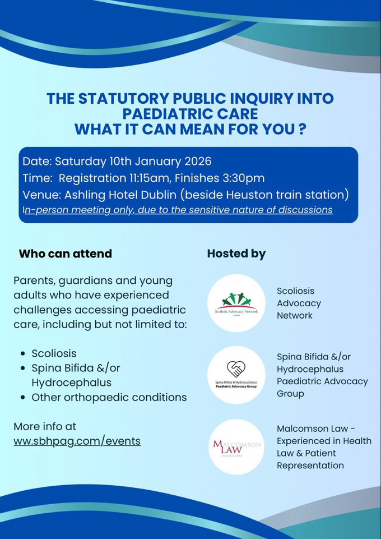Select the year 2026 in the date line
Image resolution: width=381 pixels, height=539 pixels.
[196, 162]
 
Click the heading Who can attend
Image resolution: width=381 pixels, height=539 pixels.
[66, 254]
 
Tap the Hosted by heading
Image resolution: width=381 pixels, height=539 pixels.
[236, 254]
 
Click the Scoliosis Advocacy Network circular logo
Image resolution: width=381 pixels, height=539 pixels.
[236, 303]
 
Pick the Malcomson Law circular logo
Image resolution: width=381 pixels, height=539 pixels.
[236, 446]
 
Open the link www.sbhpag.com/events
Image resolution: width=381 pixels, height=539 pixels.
[77, 441]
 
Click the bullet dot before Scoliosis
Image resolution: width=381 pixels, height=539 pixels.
[22, 354]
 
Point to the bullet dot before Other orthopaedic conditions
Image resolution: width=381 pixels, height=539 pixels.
[22, 398]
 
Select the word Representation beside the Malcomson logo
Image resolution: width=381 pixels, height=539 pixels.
[310, 466]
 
